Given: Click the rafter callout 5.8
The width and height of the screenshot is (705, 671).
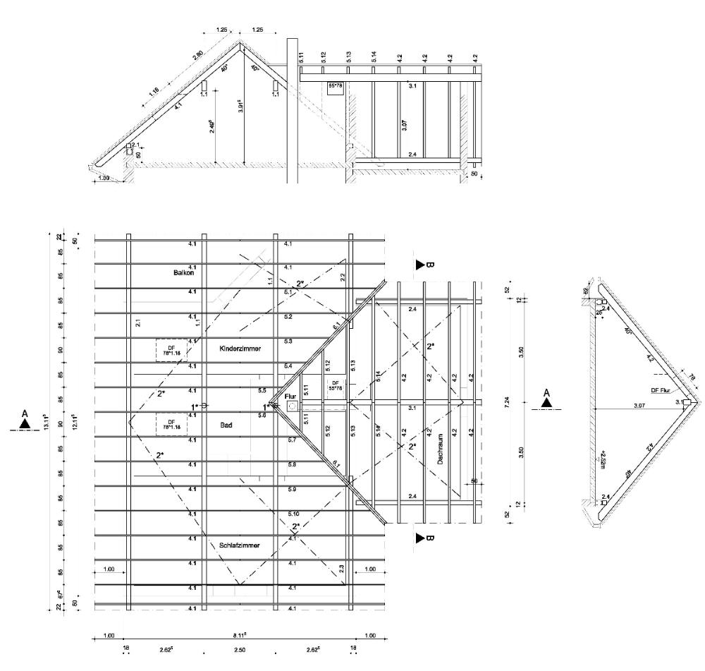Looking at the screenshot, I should [291, 464].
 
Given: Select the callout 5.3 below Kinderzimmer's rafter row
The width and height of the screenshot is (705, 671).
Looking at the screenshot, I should [288, 341].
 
